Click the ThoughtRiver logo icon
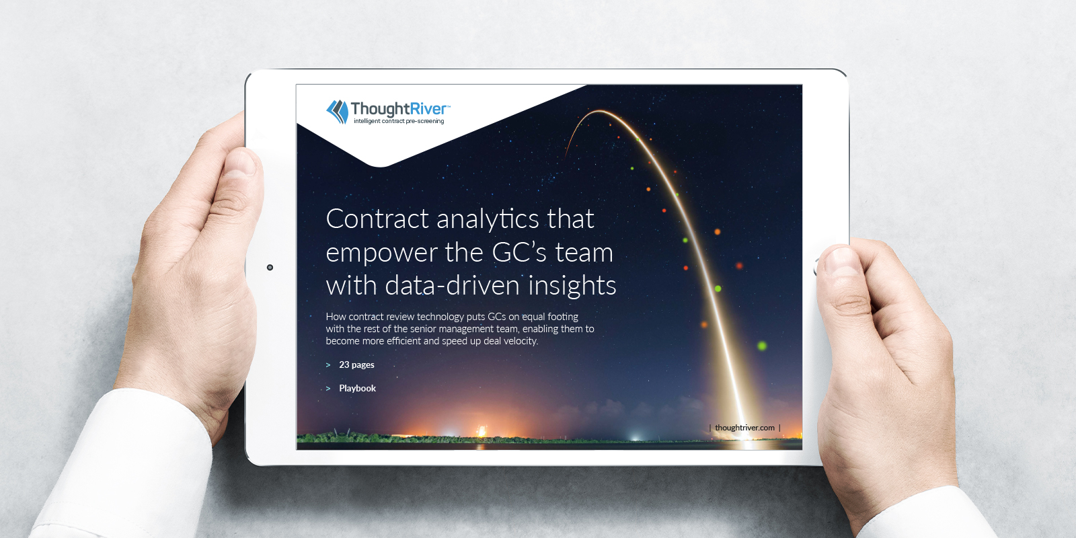point(337,112)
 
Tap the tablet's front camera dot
point(270,268)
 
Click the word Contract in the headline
point(377,219)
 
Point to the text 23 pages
point(356,365)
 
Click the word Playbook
point(357,389)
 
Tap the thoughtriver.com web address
point(744,428)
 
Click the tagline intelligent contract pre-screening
point(399,121)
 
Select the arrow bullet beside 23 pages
point(328,365)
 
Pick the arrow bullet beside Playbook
point(328,389)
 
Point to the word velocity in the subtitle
point(521,341)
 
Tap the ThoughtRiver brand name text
point(399,108)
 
